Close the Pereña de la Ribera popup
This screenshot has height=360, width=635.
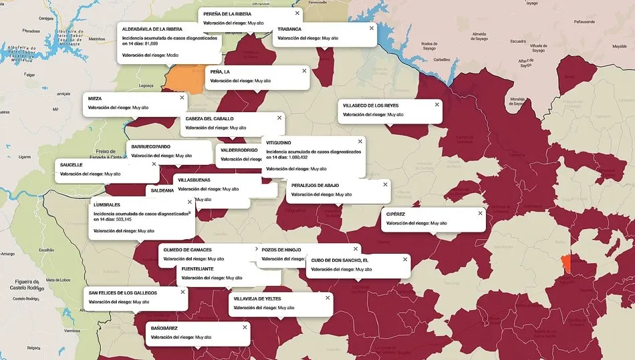pos(297,13)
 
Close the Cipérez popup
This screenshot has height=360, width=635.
pos(480,213)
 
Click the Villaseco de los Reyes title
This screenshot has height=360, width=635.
pos(370,105)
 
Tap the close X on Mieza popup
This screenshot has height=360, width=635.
pos(182,98)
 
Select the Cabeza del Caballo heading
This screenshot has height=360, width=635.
pos(209,118)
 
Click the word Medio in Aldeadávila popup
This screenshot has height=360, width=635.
pos(172,55)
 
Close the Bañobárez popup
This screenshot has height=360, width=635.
pos(245,327)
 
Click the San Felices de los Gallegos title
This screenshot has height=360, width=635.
pos(123,293)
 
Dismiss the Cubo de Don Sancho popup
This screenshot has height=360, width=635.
pos(404,259)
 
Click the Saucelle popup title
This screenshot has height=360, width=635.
pos(72,164)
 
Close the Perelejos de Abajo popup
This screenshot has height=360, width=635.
pos(384,184)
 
